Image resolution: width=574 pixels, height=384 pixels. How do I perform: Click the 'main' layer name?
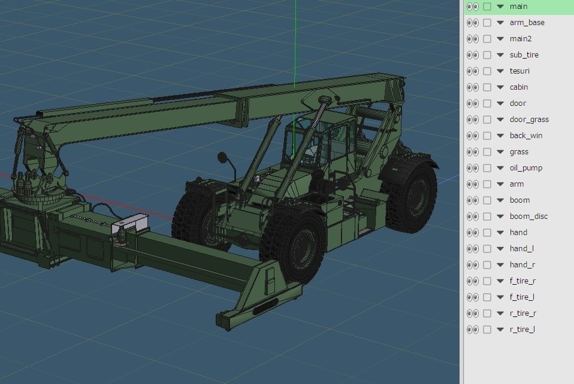click(519, 7)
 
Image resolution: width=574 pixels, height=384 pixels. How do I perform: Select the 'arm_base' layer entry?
click(527, 23)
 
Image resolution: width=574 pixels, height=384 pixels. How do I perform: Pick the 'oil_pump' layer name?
click(525, 168)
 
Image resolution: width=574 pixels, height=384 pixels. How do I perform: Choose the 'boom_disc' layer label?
click(528, 217)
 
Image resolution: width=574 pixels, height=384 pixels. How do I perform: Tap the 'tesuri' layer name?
click(519, 71)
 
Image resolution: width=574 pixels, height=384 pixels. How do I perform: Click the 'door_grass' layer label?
click(529, 120)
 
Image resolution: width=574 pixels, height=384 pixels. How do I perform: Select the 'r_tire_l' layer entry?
click(522, 330)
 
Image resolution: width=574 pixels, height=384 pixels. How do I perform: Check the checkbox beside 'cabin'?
click(487, 87)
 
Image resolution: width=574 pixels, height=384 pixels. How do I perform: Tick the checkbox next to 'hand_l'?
click(487, 249)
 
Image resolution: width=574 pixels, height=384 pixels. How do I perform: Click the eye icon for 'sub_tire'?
click(472, 55)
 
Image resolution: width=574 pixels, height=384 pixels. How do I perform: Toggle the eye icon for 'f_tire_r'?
click(472, 281)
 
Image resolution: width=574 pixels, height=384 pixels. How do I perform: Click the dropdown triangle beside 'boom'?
click(500, 200)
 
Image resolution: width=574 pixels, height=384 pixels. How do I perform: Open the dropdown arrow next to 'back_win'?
click(500, 136)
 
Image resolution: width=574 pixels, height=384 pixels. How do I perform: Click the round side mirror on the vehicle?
click(222, 158)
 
